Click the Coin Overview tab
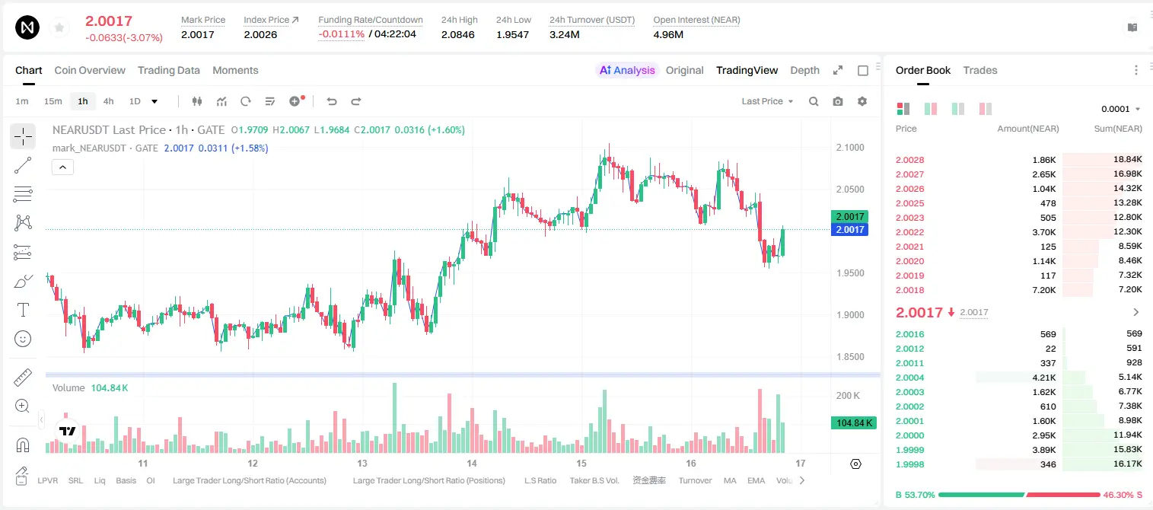pos(90,70)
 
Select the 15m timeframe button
pos(53,101)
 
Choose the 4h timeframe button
pos(108,101)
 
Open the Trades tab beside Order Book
pos(980,70)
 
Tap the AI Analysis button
pos(627,70)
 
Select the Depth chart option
pos(804,70)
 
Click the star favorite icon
pos(59,27)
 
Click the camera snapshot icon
pos(838,101)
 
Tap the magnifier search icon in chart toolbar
pos(814,101)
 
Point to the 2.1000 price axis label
pos(850,147)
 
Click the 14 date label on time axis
pos(472,463)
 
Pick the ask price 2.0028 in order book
pos(909,160)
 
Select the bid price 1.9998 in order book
pos(909,464)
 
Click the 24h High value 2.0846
pos(457,34)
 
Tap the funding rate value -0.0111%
pos(341,34)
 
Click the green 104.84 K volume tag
pos(853,423)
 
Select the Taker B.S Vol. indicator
pos(594,480)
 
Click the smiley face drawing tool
pos(23,339)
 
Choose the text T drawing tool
pos(23,310)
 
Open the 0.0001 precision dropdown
pos(1120,109)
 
